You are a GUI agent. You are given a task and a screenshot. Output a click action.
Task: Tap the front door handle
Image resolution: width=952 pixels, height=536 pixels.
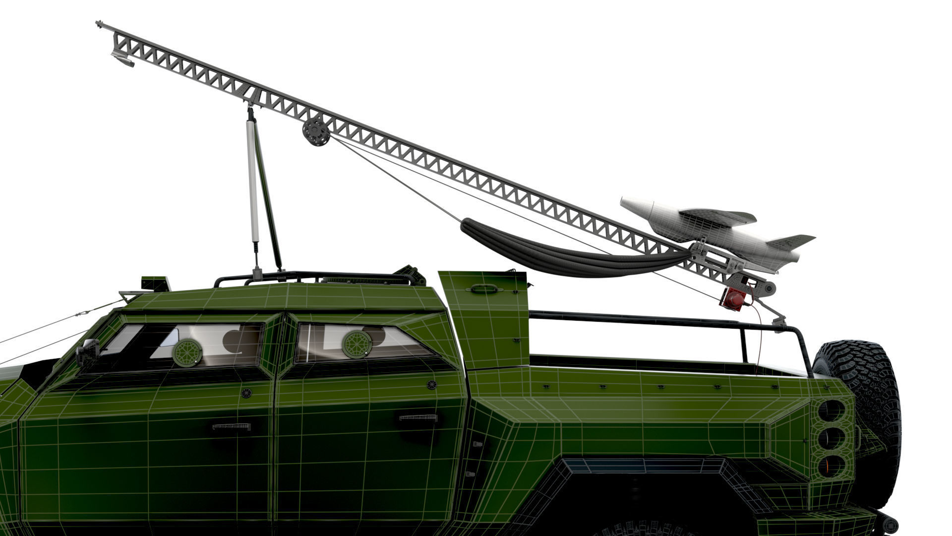[x=232, y=427]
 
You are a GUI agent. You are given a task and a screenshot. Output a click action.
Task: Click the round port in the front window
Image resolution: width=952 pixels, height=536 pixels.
[x=187, y=352]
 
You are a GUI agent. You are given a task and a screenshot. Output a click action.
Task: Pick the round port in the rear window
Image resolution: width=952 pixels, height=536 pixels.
[x=357, y=344]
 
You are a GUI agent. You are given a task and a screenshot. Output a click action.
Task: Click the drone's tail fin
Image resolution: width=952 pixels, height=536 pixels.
[x=793, y=241]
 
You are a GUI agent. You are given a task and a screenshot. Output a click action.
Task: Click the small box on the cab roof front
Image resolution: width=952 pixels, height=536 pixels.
[x=156, y=283]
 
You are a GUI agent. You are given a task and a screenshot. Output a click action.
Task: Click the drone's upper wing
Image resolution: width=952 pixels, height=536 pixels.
[x=719, y=216]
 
